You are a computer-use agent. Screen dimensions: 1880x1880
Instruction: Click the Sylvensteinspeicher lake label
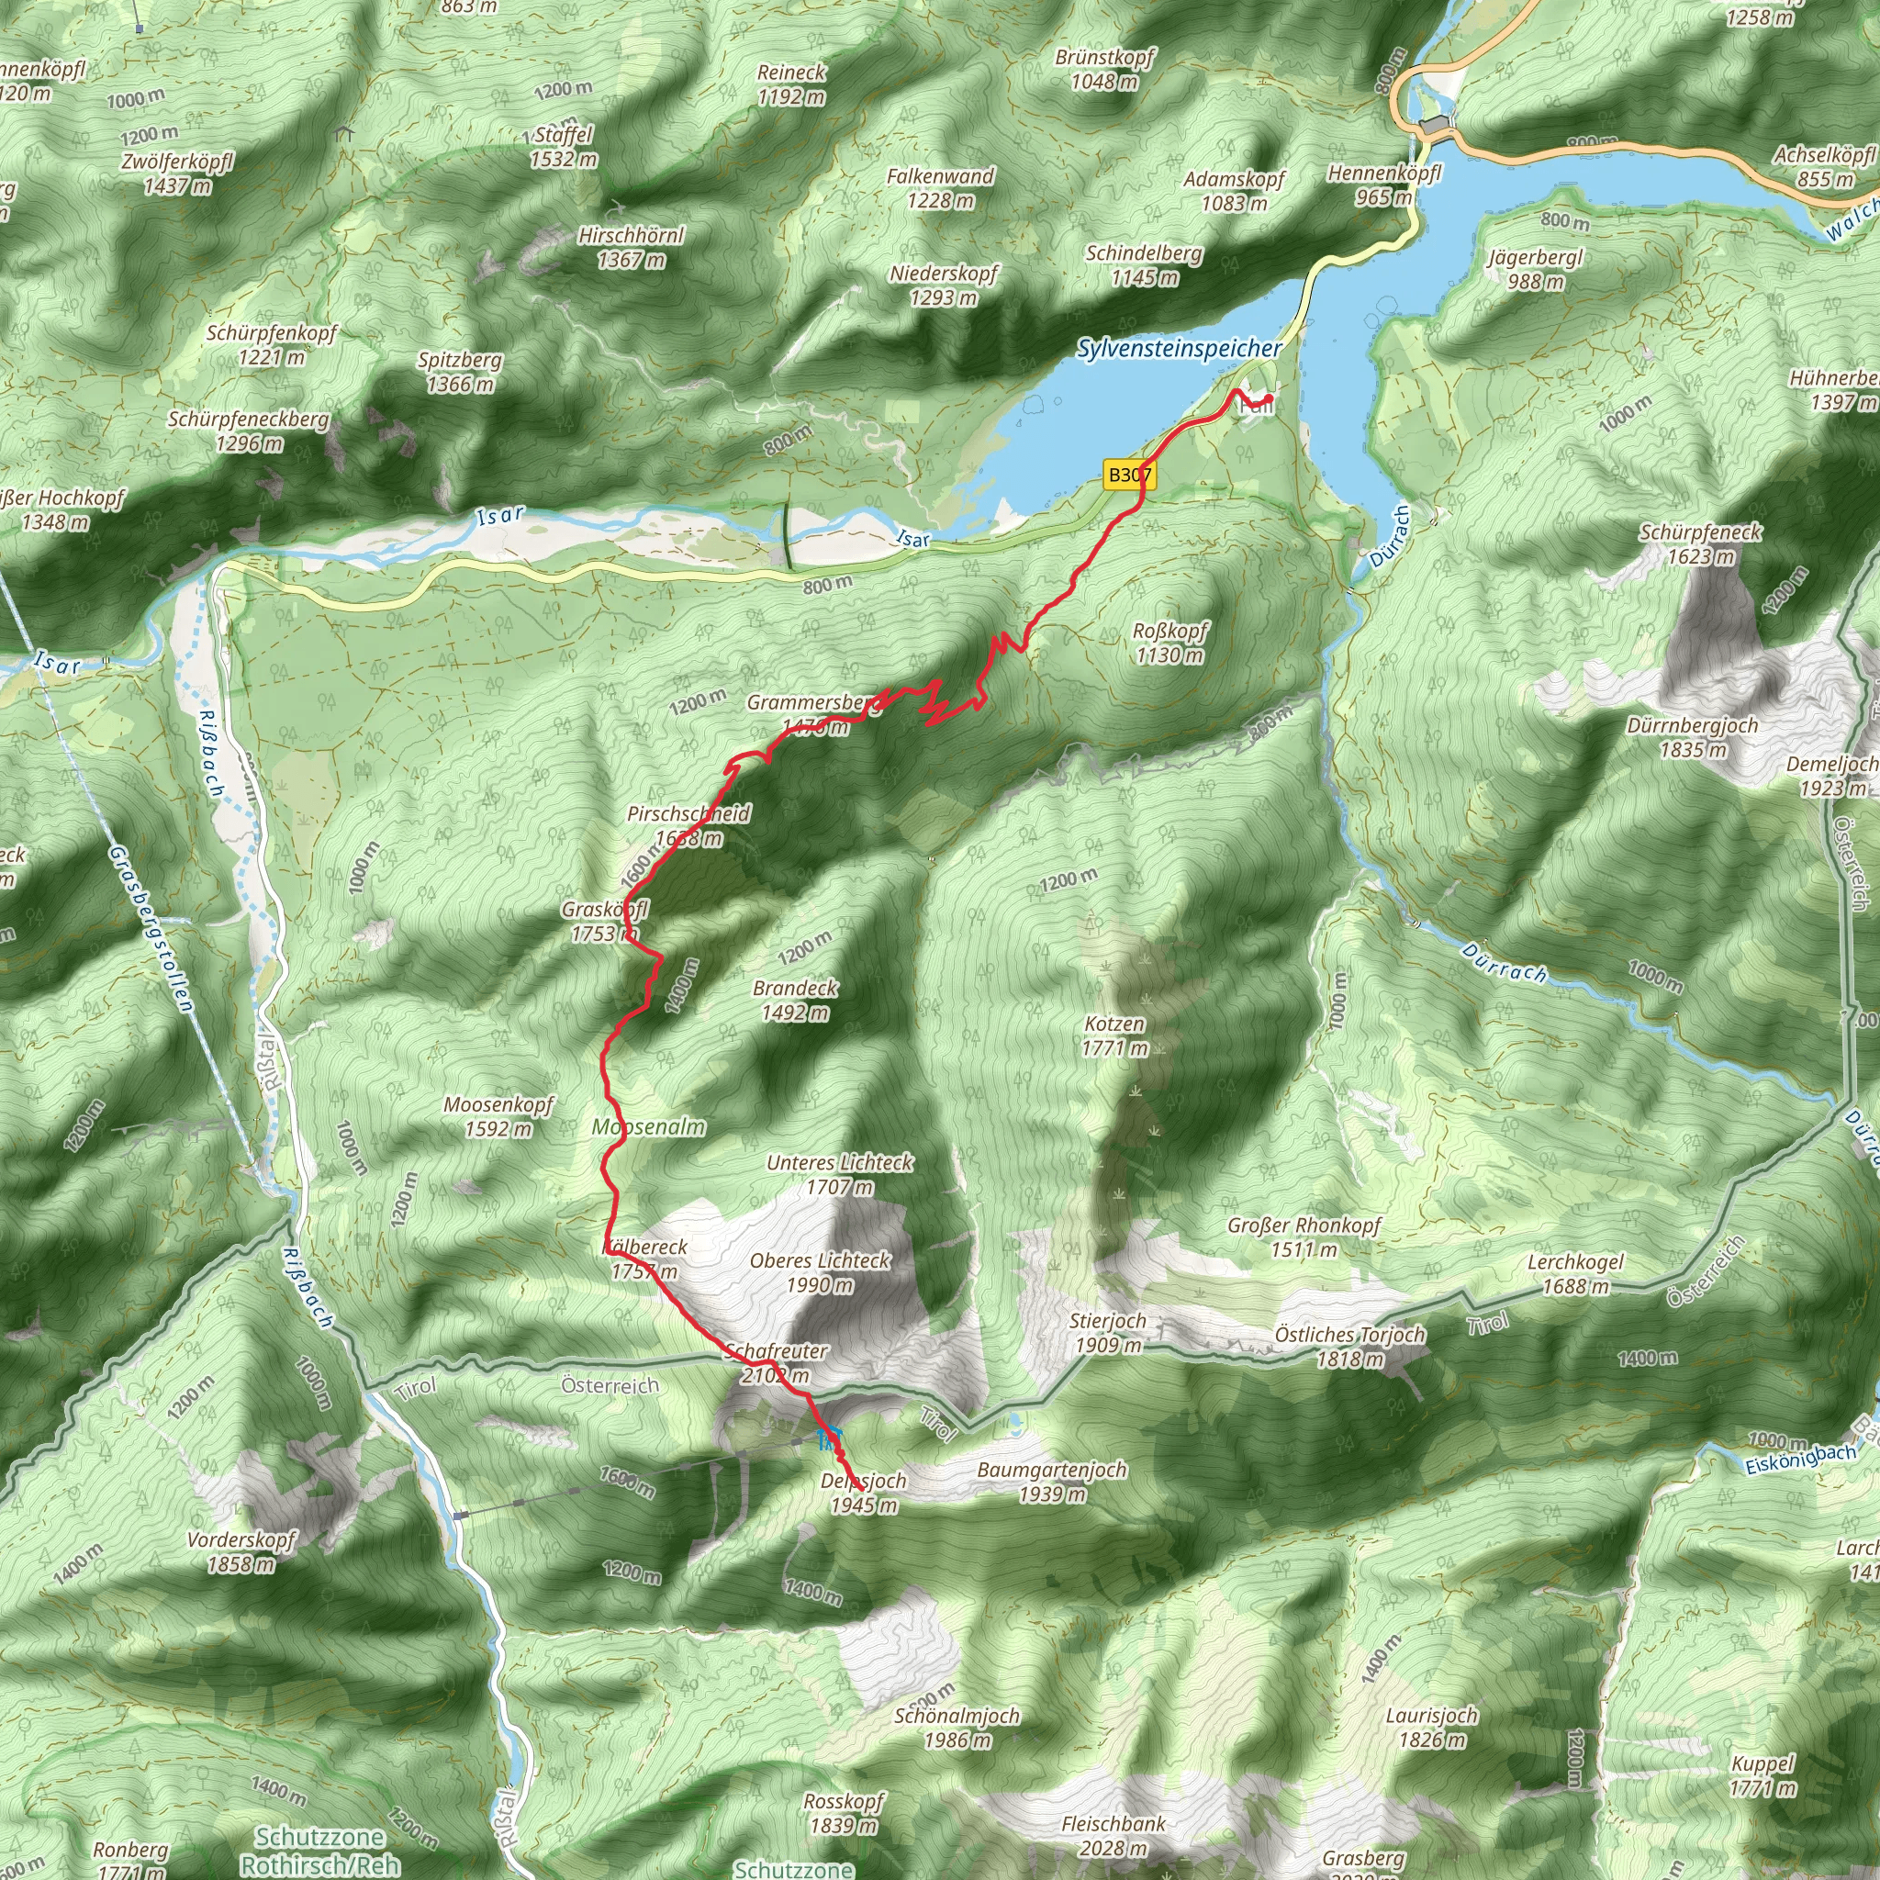pyautogui.click(x=1179, y=348)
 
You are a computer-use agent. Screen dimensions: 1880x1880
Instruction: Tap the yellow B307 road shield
pyautogui.click(x=1129, y=475)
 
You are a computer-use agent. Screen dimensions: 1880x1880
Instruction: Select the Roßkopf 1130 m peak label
pyautogui.click(x=1169, y=643)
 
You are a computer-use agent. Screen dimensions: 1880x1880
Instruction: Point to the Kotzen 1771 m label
pyautogui.click(x=1114, y=1035)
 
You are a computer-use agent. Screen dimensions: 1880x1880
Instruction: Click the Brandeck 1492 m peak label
pyautogui.click(x=795, y=1000)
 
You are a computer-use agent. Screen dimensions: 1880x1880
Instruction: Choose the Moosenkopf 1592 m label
pyautogui.click(x=498, y=1116)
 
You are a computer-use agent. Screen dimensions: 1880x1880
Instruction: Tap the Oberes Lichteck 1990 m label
pyautogui.click(x=820, y=1271)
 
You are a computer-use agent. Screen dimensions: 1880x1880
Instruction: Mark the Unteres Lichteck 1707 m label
pyautogui.click(x=839, y=1173)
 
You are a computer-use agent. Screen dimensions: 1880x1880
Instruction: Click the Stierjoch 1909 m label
pyautogui.click(x=1107, y=1332)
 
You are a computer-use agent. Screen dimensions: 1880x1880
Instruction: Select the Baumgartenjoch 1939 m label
pyautogui.click(x=1052, y=1481)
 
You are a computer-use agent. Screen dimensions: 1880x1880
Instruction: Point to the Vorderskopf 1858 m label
pyautogui.click(x=241, y=1551)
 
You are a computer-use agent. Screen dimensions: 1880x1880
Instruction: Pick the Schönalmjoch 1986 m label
pyautogui.click(x=957, y=1728)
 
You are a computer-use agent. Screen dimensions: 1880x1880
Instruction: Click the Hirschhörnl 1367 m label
pyautogui.click(x=631, y=247)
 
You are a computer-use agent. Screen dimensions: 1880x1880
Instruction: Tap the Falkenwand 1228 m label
pyautogui.click(x=940, y=188)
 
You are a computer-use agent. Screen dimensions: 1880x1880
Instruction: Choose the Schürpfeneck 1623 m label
pyautogui.click(x=1700, y=544)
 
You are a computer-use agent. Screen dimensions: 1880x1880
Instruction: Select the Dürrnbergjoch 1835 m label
pyautogui.click(x=1692, y=736)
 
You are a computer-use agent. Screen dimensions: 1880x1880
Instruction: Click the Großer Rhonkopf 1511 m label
pyautogui.click(x=1304, y=1237)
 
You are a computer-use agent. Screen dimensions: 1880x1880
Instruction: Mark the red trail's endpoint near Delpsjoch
pyautogui.click(x=862, y=1489)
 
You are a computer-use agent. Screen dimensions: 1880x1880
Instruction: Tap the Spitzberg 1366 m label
pyautogui.click(x=460, y=372)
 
